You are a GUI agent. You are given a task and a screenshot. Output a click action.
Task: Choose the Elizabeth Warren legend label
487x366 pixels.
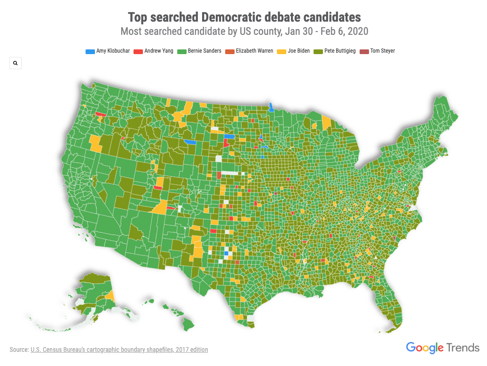pyautogui.click(x=254, y=51)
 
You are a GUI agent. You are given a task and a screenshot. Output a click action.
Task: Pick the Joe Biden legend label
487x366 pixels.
pyautogui.click(x=298, y=51)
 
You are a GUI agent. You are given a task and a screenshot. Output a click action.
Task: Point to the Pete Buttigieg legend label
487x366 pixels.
pyautogui.click(x=340, y=51)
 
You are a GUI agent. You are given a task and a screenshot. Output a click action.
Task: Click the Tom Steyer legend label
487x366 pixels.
pyautogui.click(x=382, y=51)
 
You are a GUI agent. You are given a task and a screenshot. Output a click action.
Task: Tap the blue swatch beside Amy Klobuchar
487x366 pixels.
pyautogui.click(x=90, y=51)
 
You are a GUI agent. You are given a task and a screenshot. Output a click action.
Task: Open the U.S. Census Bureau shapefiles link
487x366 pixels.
pyautogui.click(x=119, y=350)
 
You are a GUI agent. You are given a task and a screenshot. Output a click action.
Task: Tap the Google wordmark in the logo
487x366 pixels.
pyautogui.click(x=424, y=348)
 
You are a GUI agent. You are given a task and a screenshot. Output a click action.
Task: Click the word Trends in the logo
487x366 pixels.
pyautogui.click(x=463, y=348)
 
